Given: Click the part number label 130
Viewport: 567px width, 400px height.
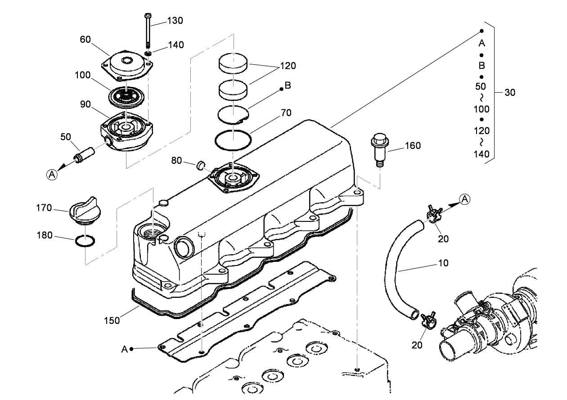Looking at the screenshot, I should pos(175,21).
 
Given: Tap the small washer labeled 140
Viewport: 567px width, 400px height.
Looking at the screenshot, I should pos(148,54).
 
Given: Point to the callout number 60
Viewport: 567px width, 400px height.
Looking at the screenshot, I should pos(85,40).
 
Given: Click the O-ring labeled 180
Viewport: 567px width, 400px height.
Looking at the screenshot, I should pos(85,242).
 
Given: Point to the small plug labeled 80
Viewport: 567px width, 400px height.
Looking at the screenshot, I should pos(201,166).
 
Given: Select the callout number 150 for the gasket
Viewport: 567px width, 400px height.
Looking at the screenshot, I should pos(112,320).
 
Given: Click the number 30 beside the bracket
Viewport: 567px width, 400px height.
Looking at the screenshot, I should pos(510,93).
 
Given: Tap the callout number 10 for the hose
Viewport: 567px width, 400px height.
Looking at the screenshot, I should pos(443,263).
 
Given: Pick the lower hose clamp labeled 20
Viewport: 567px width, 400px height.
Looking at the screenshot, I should pos(428,320).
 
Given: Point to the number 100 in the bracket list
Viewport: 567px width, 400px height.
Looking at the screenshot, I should pos(481,109).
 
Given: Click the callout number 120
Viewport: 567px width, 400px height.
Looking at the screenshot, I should pos(288,66).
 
